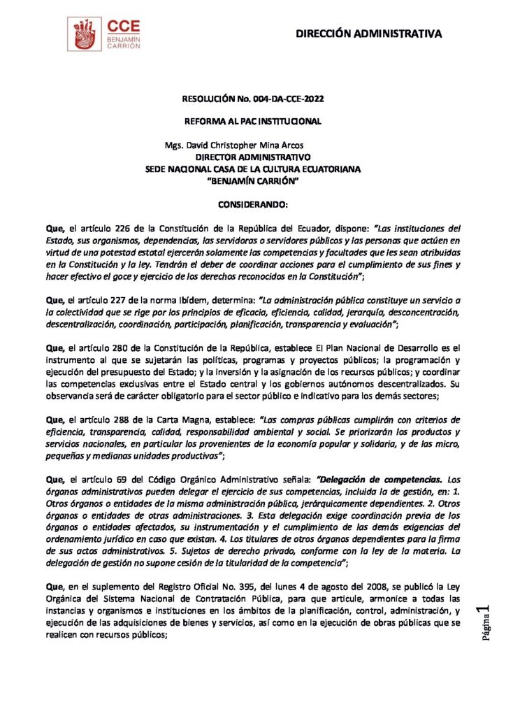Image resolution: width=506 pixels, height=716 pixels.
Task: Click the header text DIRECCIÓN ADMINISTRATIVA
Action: tap(368, 34)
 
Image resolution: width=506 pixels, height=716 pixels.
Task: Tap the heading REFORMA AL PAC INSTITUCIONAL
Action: tap(252, 122)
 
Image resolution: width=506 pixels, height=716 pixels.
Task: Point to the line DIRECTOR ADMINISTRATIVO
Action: tap(253, 157)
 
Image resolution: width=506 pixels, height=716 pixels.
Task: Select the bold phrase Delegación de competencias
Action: tap(379, 479)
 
